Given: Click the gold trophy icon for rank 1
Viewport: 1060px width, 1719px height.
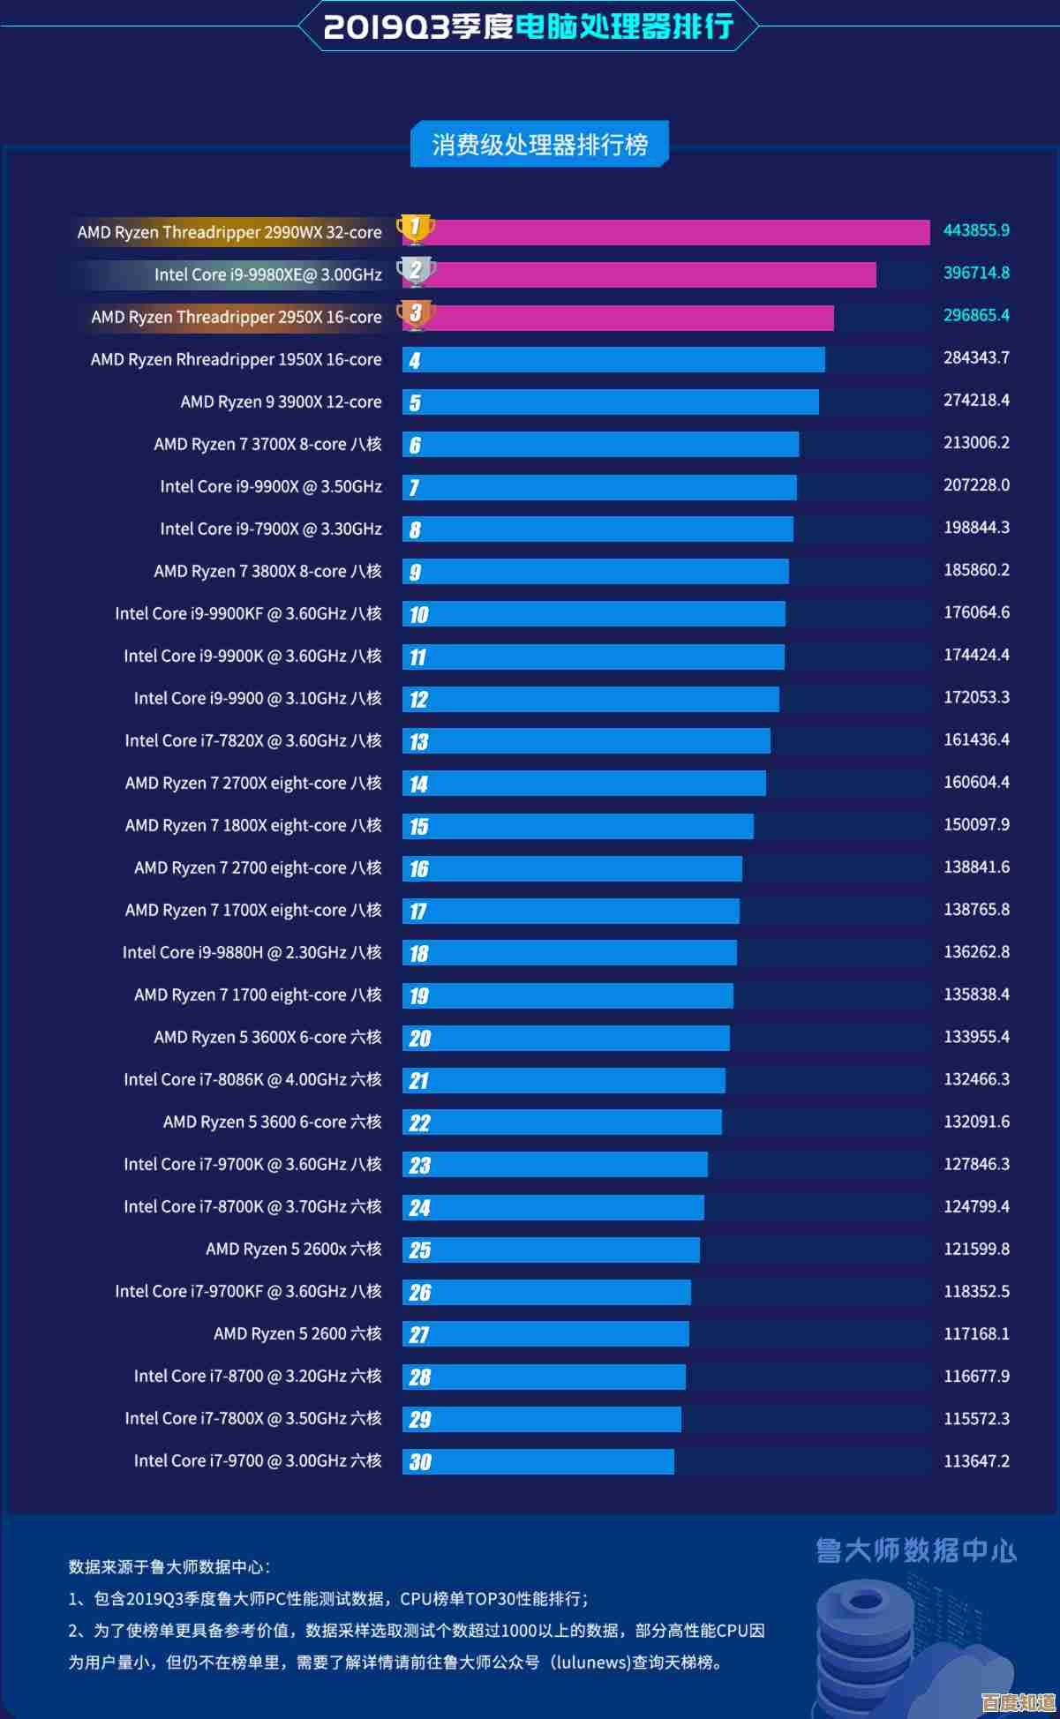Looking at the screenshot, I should pos(415,229).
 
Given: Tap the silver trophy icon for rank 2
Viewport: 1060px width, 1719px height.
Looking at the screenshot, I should pos(415,271).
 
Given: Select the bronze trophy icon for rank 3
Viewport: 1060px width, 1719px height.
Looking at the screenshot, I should pos(415,313).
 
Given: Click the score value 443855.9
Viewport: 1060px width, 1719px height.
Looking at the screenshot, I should pos(976,230).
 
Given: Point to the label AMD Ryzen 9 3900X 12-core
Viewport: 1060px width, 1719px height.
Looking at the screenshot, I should pos(281,402).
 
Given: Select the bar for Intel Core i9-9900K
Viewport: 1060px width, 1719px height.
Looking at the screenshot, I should pos(593,657).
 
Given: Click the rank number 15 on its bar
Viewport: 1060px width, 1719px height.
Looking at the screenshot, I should pos(418,827).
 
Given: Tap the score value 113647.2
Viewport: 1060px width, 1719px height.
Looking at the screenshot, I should pos(976,1461).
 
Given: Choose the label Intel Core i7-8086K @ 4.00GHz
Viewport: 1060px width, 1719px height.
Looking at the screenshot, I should pos(252,1080).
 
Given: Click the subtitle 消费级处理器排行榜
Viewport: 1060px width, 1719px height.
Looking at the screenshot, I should pos(539,145).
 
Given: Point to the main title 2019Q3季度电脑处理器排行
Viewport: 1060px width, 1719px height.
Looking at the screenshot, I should pos(529,26).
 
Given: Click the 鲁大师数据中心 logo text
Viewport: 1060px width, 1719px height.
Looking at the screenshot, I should pos(916,1550).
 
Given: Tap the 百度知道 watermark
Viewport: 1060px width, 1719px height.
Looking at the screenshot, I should pos(1018,1701).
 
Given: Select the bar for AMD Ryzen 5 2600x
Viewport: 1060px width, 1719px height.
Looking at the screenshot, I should pos(551,1250).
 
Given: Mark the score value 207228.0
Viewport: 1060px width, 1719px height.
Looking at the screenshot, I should pos(976,485).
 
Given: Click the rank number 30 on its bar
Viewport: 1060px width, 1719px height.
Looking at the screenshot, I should pos(420,1462).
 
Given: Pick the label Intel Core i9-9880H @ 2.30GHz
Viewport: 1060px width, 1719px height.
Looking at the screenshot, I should pos(252,953).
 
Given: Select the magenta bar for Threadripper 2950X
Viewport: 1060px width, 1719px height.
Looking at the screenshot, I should pos(618,318).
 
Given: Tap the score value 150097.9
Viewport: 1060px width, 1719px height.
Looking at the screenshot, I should pos(976,825).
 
